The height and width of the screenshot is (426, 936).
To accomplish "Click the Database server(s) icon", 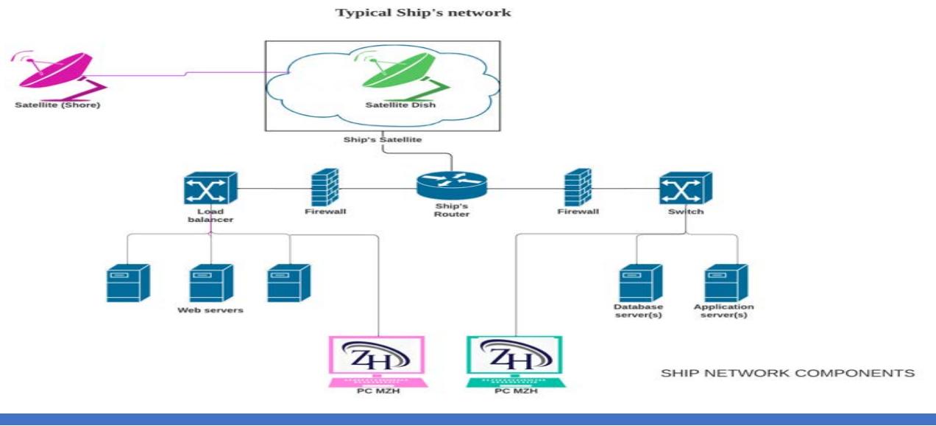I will click(638, 282).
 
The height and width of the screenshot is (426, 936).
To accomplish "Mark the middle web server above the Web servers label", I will click(210, 282).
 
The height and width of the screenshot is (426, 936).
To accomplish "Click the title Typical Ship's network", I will click(423, 13).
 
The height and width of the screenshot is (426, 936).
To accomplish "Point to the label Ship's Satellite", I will click(383, 139).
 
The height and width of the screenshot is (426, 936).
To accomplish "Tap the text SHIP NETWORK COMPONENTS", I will click(788, 374).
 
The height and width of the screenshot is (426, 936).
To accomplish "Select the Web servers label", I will click(210, 310).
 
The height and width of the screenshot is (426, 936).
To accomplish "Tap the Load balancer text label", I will click(210, 216).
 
